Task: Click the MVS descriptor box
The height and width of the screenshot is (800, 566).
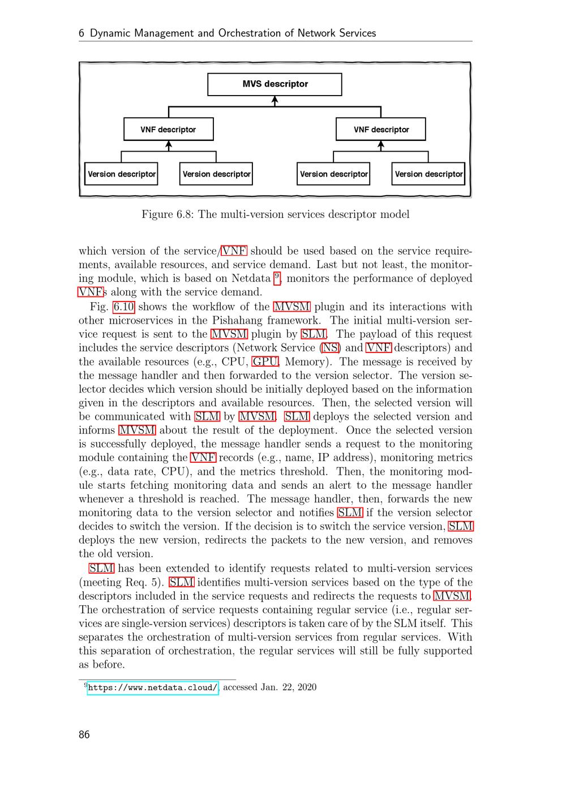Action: (275, 84)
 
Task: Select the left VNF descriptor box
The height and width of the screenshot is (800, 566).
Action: (168, 130)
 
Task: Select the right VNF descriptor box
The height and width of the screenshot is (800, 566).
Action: (381, 130)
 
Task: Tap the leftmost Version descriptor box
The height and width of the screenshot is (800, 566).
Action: (122, 174)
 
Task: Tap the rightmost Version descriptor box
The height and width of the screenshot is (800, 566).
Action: (428, 174)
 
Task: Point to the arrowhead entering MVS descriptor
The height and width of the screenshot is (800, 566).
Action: (275, 100)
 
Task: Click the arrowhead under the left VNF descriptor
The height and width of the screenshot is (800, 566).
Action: (168, 145)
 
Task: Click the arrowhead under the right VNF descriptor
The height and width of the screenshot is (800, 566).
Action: (381, 145)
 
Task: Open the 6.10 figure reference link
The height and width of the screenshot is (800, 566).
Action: (123, 307)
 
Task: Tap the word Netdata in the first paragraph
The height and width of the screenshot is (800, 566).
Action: (251, 278)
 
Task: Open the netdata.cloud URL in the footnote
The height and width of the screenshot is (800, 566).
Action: (153, 688)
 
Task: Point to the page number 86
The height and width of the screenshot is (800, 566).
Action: (84, 735)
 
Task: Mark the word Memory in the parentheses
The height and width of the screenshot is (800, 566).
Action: (306, 362)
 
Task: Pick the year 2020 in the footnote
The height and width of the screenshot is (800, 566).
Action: (306, 687)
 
